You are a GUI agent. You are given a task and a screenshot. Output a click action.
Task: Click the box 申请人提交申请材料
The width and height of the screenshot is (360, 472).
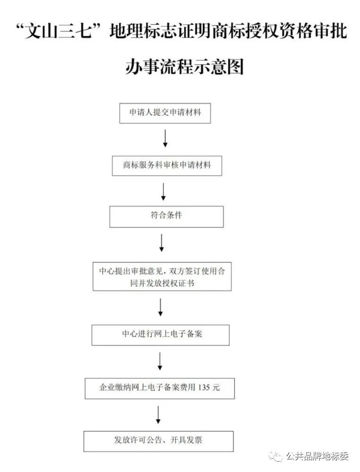(x=165, y=113)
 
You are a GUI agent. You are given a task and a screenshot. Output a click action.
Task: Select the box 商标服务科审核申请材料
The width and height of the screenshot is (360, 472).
(x=167, y=166)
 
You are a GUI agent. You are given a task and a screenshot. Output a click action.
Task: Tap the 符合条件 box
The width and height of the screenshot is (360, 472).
(x=166, y=217)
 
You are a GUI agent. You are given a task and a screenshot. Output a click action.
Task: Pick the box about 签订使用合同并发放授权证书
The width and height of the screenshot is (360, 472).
(x=162, y=276)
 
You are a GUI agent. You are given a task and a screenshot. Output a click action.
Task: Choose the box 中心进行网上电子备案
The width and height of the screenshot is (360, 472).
(x=160, y=335)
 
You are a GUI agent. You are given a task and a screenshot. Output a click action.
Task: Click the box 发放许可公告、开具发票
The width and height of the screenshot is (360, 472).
(x=158, y=441)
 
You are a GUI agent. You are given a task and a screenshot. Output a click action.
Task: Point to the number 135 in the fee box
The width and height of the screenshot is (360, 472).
(x=204, y=387)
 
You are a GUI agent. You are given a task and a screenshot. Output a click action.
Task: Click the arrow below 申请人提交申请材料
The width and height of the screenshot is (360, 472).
(x=165, y=138)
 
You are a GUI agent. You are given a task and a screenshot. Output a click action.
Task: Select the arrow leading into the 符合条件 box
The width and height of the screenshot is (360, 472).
(x=163, y=192)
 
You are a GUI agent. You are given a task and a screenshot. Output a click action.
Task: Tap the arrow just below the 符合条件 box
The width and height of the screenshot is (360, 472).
(x=162, y=243)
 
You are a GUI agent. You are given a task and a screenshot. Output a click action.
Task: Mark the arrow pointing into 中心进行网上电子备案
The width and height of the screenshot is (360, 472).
(x=161, y=307)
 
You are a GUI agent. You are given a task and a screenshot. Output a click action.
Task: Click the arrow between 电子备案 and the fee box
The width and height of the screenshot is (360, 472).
(x=160, y=361)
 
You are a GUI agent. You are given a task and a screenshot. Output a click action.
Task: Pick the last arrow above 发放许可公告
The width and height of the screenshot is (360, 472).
(x=158, y=415)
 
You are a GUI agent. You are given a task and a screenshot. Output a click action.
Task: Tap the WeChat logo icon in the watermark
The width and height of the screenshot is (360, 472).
(x=275, y=456)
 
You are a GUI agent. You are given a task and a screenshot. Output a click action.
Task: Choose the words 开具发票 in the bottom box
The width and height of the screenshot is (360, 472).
(x=186, y=440)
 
